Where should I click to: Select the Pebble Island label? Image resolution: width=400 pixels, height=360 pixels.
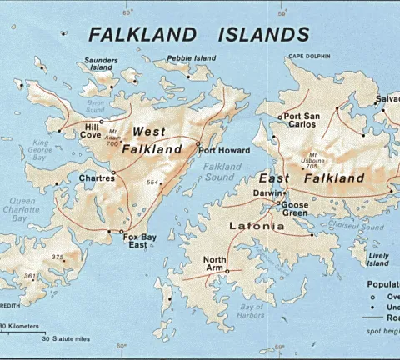pos(191,58)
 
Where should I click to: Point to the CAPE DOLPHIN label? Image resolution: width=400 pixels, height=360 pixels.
pos(309,57)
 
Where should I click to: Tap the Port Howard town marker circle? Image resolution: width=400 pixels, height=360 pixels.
pos(197,144)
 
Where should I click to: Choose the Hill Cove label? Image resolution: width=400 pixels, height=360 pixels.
pos(92,130)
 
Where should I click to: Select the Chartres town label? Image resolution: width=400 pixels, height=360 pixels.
pos(97,177)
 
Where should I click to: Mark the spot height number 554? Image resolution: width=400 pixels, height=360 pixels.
pos(152,181)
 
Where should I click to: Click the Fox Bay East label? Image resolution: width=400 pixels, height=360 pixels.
pos(139,241)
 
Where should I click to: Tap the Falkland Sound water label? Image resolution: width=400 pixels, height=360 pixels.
pos(219,172)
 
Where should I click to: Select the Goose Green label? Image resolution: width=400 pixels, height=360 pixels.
pos(295,208)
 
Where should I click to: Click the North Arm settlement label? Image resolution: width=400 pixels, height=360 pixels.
pos(215,262)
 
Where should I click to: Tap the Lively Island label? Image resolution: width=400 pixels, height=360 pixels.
pos(378,259)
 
